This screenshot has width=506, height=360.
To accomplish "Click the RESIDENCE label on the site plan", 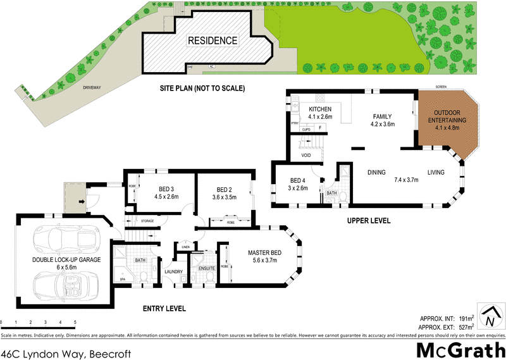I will coord(213,40).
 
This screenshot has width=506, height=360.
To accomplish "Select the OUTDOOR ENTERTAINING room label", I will coord(447,120).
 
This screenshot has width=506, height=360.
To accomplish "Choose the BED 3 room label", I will coord(164,189).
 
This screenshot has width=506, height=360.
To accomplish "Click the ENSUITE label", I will coord(207,268).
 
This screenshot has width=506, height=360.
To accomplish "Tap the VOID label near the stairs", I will coord(306,154).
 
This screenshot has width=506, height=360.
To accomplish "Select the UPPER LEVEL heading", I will coord(368,221).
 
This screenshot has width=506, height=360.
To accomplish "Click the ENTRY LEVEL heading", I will coord(164,308).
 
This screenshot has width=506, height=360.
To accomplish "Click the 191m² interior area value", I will coord(467,318).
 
